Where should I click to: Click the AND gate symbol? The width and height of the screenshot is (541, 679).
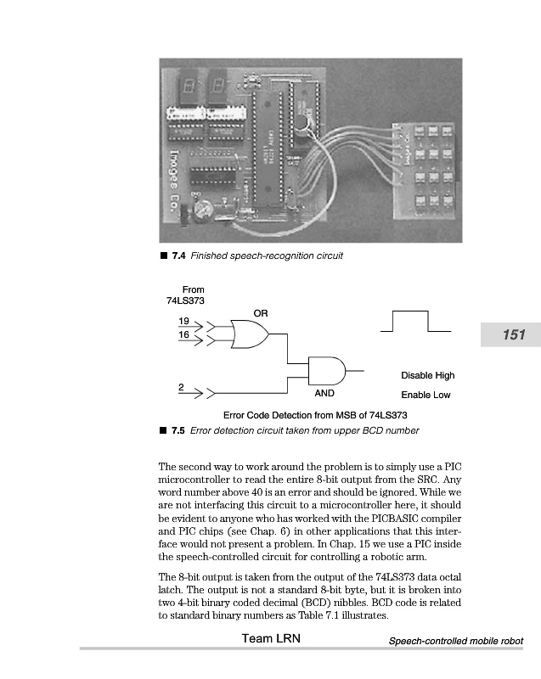(326, 370)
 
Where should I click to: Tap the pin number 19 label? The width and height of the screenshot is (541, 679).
(184, 322)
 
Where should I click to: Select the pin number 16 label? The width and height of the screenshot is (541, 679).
(184, 335)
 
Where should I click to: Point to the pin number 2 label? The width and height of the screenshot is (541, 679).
(181, 387)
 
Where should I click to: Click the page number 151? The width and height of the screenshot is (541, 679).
(515, 335)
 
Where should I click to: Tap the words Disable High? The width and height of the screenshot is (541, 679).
(427, 375)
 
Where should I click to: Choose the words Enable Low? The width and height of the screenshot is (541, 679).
(425, 395)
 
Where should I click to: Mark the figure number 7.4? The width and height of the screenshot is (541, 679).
(179, 255)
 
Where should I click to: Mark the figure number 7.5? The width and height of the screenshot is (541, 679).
(179, 430)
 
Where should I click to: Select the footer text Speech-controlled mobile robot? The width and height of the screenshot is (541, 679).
(455, 641)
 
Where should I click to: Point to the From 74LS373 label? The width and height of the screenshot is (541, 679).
(187, 295)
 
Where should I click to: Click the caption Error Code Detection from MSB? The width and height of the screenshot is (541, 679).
(315, 415)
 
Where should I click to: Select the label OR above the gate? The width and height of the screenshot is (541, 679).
(260, 313)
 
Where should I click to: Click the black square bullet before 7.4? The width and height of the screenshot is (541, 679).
(163, 255)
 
